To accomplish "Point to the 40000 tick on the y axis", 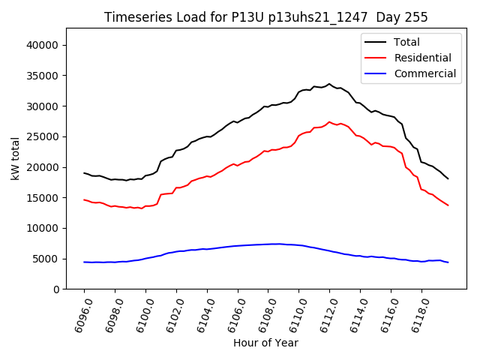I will pos(46,45).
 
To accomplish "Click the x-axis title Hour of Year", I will pos(265,343).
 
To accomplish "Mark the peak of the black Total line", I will pos(329,84).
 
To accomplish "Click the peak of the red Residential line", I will pos(329,121).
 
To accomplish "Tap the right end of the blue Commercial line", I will pos(448,262).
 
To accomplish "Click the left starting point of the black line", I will pos(84,173).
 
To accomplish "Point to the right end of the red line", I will pos(448,205).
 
